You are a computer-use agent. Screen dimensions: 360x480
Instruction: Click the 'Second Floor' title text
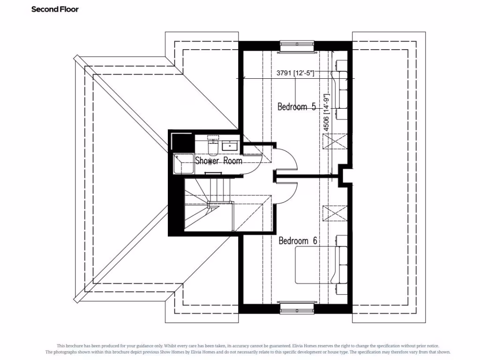tap(55, 9)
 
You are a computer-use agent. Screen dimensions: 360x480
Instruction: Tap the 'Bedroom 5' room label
tap(296, 107)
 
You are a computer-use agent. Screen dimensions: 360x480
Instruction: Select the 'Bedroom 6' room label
tap(298, 241)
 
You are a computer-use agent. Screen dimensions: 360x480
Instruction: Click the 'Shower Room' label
tap(218, 161)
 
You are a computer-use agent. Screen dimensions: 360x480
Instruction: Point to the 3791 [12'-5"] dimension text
tap(295, 73)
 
